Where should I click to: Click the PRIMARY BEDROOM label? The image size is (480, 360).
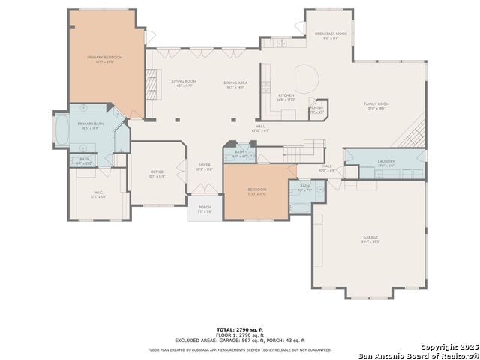[x=104, y=58]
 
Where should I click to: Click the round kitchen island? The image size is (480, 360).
[x=307, y=78]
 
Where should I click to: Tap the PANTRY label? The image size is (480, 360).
[x=316, y=108]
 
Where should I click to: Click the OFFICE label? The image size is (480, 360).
[x=157, y=172]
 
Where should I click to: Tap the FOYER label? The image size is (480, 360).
[x=204, y=166]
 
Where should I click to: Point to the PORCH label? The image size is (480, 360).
[x=204, y=208]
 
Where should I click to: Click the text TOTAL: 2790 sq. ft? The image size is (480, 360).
[x=240, y=329]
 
